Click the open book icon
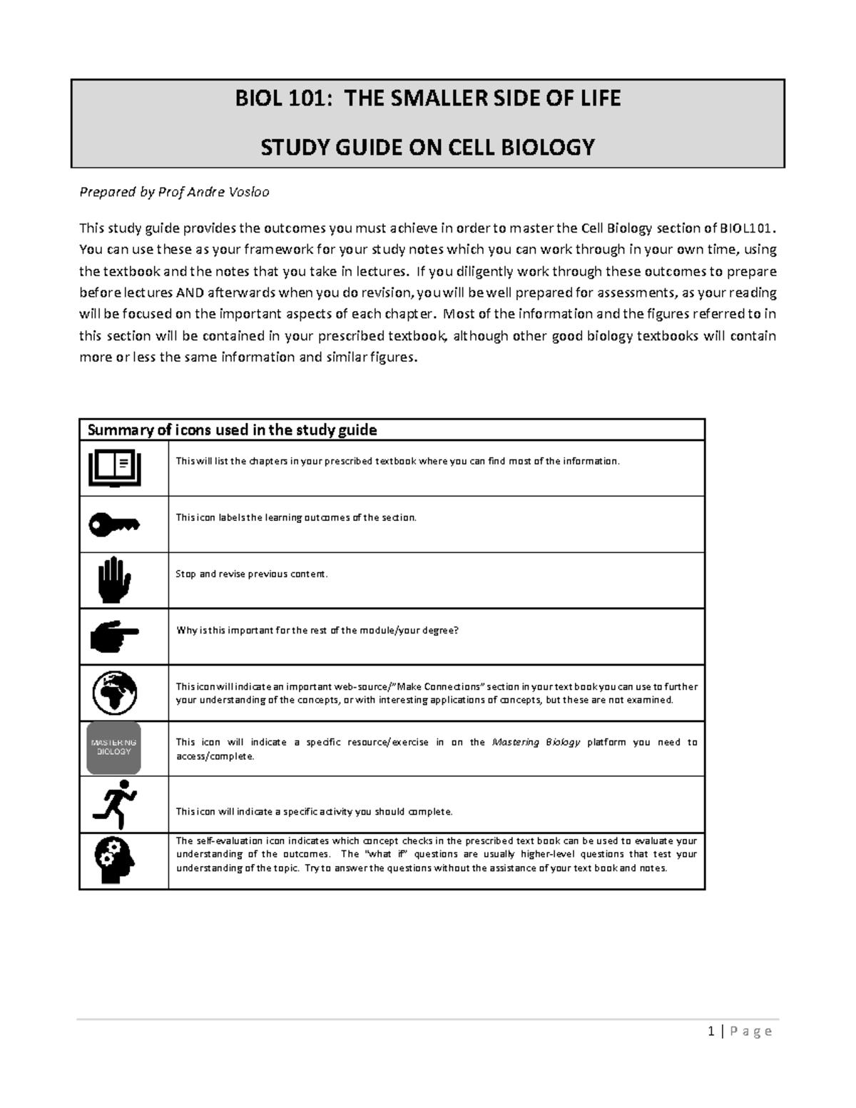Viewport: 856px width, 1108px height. pyautogui.click(x=114, y=468)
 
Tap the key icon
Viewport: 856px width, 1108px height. pyautogui.click(x=114, y=524)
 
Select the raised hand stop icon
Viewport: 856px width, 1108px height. pyautogui.click(x=114, y=580)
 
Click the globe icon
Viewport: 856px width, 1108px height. pyautogui.click(x=114, y=693)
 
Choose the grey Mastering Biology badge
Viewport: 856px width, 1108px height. pyautogui.click(x=114, y=748)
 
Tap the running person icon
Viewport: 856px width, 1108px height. pyautogui.click(x=114, y=803)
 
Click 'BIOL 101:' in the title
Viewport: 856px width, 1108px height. pyautogui.click(x=284, y=98)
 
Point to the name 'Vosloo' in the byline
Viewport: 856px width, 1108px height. pyautogui.click(x=249, y=192)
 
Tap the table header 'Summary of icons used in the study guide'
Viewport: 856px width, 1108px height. pyautogui.click(x=232, y=430)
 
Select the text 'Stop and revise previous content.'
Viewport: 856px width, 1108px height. pyautogui.click(x=252, y=574)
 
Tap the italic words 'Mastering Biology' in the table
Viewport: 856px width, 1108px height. pyautogui.click(x=536, y=742)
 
